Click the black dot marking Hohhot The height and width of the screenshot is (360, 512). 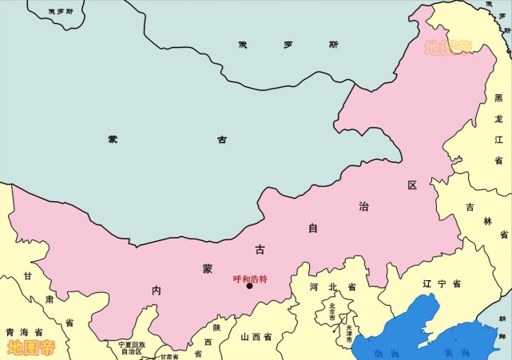[249, 287]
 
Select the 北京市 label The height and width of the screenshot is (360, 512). [332, 309]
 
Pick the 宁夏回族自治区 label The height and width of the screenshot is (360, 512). [131, 347]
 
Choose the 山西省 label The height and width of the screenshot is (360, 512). [256, 338]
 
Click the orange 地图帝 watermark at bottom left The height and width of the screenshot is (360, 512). [31, 347]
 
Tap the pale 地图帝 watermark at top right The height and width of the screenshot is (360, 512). [447, 48]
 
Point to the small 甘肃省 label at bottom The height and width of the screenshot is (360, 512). [169, 356]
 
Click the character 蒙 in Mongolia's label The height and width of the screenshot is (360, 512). [113, 139]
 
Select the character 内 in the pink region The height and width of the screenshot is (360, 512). [157, 289]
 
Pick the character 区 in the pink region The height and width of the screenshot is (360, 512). [412, 185]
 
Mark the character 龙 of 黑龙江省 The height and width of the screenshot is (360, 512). [498, 118]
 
